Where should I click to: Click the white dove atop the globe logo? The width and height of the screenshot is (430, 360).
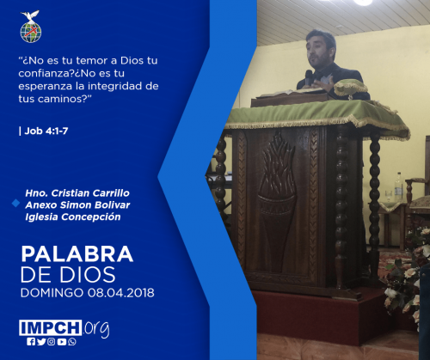tap(30, 15)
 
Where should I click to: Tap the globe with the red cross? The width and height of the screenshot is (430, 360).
tap(31, 32)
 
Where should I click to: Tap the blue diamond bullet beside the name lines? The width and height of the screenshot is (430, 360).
tap(15, 203)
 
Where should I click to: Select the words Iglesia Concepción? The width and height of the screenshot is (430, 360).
tap(73, 217)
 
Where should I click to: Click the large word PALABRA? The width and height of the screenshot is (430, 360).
tap(77, 254)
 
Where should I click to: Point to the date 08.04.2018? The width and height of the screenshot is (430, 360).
tap(121, 293)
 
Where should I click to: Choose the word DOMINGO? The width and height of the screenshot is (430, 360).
tap(52, 293)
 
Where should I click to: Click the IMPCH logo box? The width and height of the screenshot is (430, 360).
tap(51, 327)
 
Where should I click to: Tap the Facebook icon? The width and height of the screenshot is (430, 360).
tap(31, 342)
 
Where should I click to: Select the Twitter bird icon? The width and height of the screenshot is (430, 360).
tap(41, 342)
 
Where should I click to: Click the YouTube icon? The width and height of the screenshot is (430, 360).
tap(62, 342)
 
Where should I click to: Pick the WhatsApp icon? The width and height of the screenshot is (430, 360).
tap(72, 342)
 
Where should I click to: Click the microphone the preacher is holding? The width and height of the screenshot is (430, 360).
tap(309, 76)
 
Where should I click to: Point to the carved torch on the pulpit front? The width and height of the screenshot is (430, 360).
tap(276, 200)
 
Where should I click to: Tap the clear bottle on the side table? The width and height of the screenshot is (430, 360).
tap(398, 187)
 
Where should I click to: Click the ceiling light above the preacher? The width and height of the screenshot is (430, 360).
tap(363, 3)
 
